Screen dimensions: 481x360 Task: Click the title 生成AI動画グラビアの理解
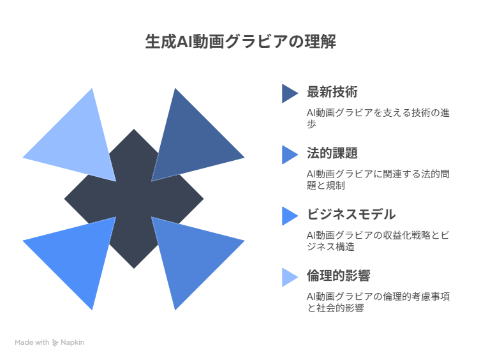tap(241, 41)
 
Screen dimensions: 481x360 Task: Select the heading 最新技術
tap(332, 92)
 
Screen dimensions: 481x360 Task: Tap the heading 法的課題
tap(332, 153)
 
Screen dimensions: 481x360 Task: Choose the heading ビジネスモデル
tap(352, 214)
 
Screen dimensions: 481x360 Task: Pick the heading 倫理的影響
tap(339, 275)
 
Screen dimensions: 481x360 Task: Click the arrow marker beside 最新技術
tap(290, 93)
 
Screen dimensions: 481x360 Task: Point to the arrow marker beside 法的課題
tap(290, 154)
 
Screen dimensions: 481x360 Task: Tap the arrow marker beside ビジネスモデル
tap(290, 216)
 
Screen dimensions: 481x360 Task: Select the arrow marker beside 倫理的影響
tap(290, 278)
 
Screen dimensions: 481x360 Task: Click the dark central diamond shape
tap(134, 199)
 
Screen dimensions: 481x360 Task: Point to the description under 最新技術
tap(378, 118)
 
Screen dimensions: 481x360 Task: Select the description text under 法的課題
tap(378, 179)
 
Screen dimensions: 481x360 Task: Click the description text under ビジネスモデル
tap(378, 241)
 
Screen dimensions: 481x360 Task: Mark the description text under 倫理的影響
tap(378, 302)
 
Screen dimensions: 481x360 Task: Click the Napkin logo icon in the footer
tap(56, 343)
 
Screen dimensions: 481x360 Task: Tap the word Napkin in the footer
tap(72, 343)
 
